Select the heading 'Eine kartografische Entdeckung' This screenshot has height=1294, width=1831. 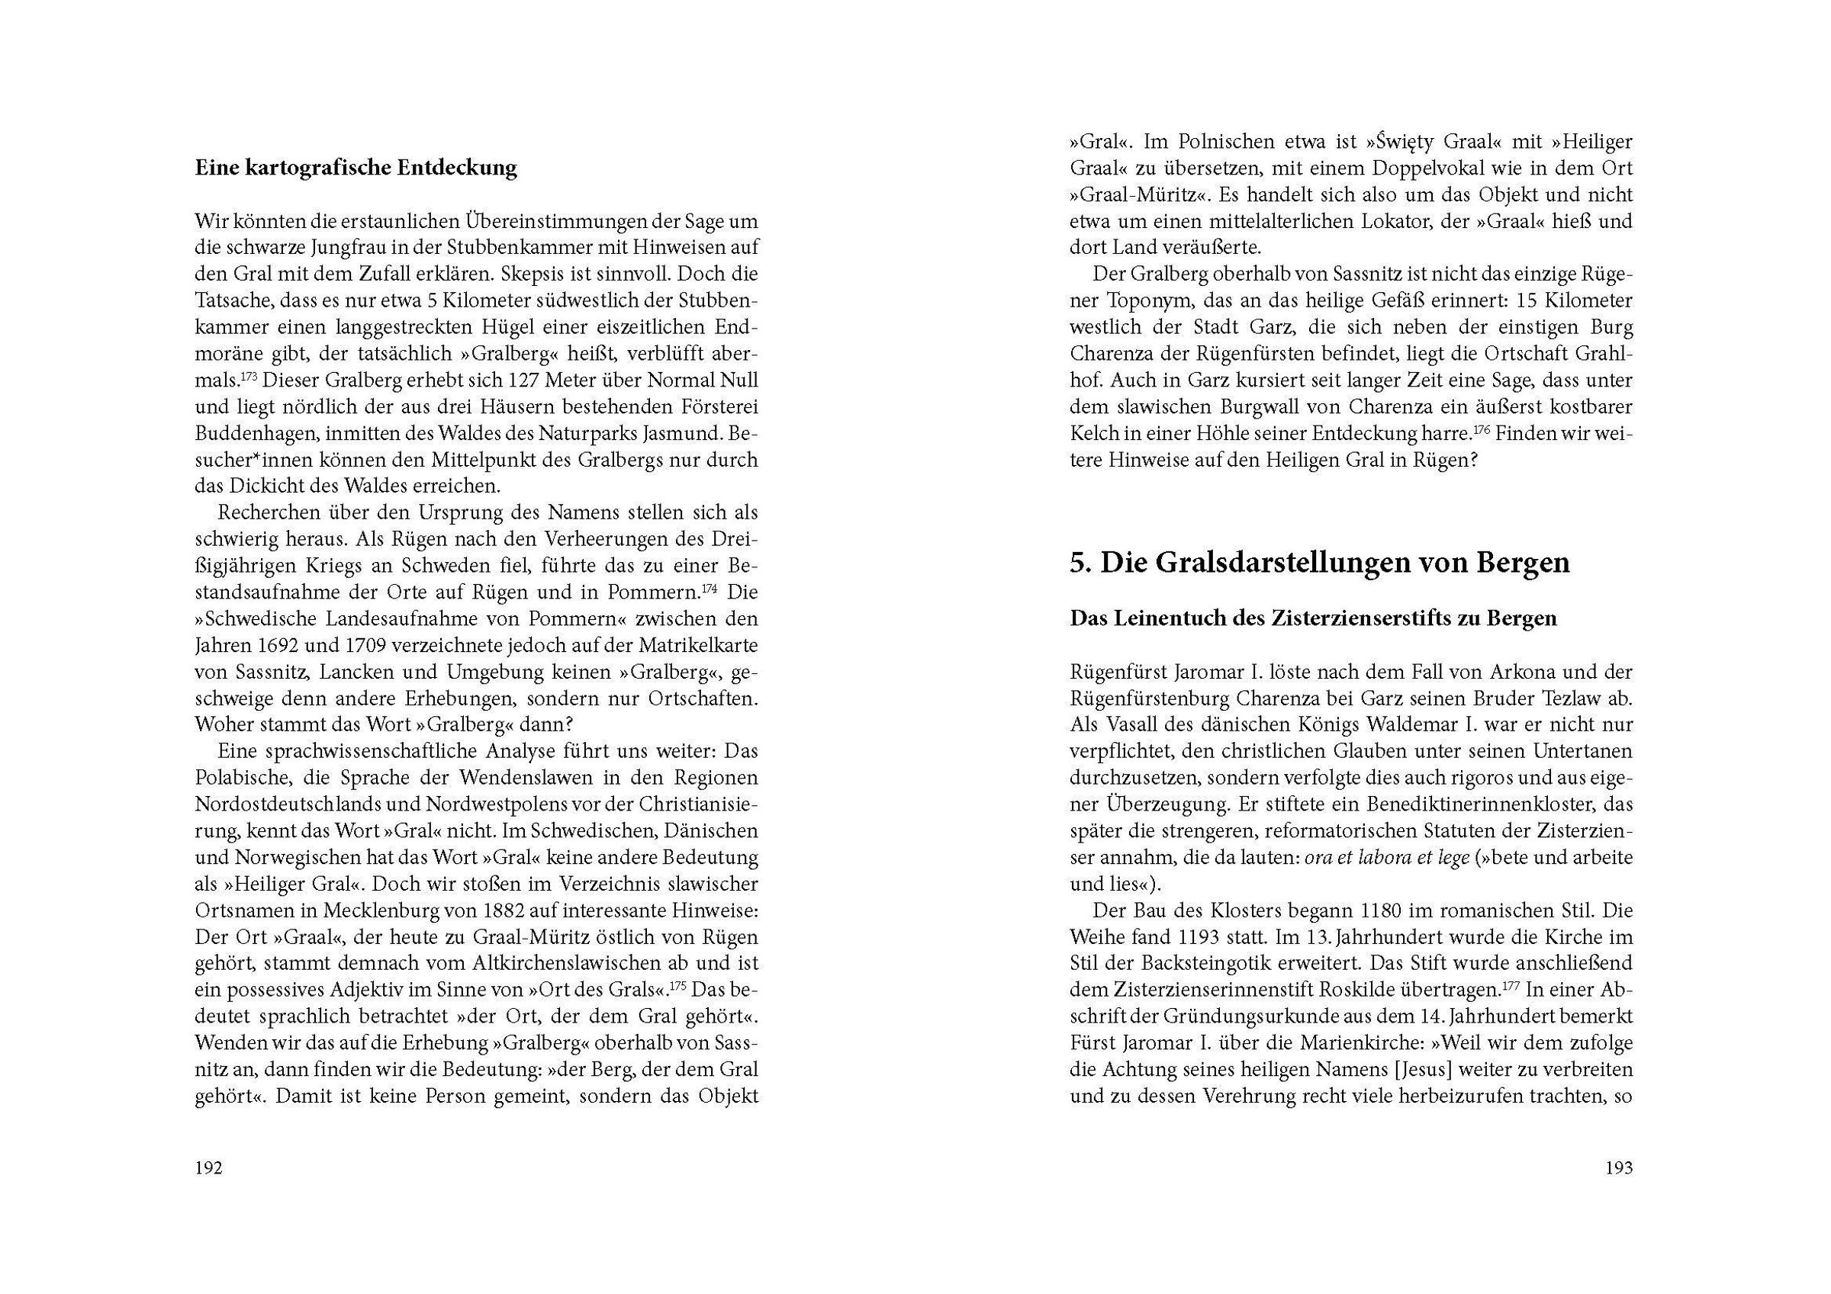(356, 169)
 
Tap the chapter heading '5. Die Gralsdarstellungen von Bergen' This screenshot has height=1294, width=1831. (1319, 562)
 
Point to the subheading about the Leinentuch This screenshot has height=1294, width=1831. (1313, 618)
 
